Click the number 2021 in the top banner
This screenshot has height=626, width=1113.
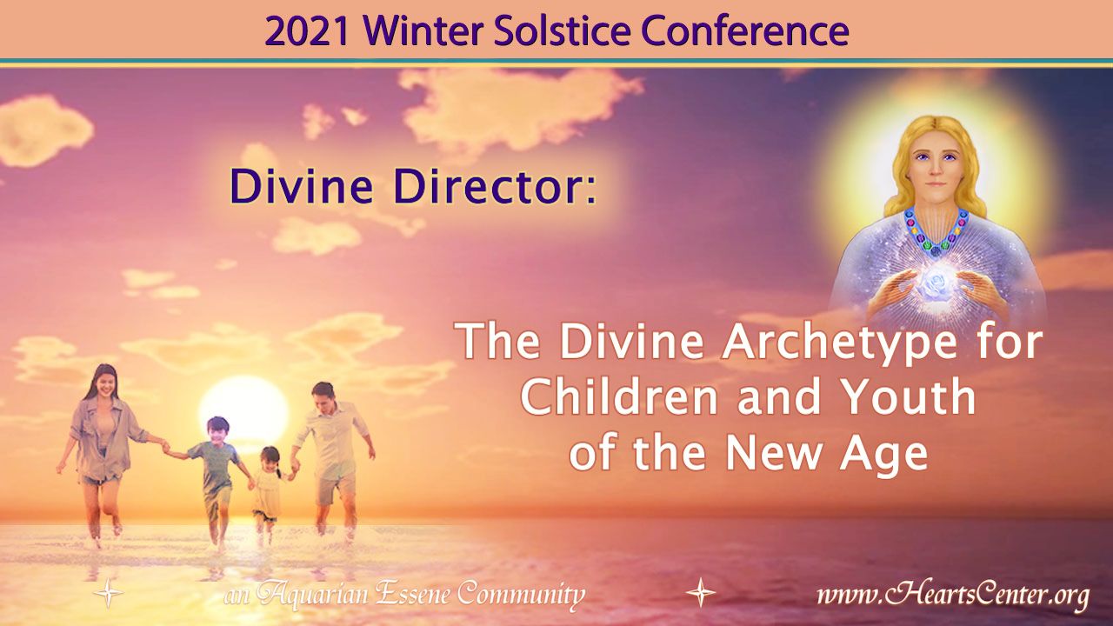coord(306,31)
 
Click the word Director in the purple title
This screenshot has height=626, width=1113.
coord(496,185)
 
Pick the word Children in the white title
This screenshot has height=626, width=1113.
coord(619,397)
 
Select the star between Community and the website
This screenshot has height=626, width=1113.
coord(701,592)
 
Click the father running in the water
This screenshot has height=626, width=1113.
coord(332,457)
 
